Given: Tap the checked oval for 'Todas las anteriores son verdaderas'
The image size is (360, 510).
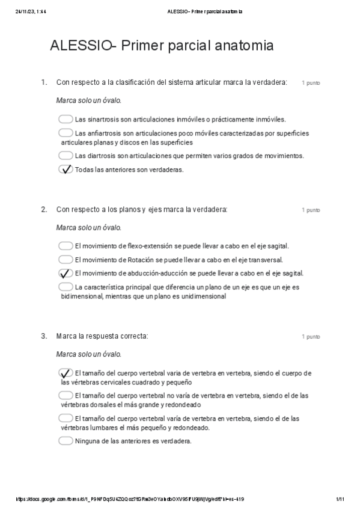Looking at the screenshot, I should tap(66, 170).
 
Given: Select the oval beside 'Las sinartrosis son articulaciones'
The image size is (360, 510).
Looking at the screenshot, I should tap(66, 119).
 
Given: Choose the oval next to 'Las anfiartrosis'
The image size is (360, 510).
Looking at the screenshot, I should tap(66, 132).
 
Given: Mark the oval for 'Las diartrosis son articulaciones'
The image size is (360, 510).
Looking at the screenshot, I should tap(66, 156).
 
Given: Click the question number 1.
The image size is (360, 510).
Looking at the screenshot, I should tap(43, 82).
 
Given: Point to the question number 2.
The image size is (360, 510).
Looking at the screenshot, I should tap(43, 209).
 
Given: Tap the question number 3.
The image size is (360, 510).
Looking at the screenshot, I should tap(43, 336).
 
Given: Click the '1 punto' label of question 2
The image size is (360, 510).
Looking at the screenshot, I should tap(311, 210).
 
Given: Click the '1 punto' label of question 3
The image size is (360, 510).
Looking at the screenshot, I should tap(311, 337).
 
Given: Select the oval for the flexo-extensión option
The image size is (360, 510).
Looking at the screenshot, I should tap(66, 245).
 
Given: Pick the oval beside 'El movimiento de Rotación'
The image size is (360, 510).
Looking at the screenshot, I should tap(66, 259).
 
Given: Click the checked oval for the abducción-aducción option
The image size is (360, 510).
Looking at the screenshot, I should tap(66, 273).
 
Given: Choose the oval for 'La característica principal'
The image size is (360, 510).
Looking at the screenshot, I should tap(66, 287).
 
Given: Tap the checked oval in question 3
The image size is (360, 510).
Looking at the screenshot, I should tap(66, 373).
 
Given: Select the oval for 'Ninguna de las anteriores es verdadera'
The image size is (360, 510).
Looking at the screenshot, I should tap(66, 441).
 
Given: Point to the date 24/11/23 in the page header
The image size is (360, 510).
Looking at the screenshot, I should tap(24, 11).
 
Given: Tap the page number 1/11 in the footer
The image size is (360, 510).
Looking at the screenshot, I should tap(340, 499).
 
